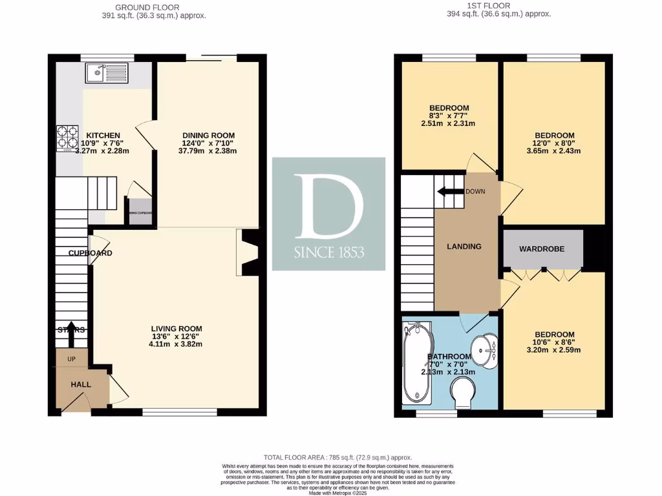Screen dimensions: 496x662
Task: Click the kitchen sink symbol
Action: click(x=107, y=73)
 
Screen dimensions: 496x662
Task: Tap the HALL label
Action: click(x=81, y=384)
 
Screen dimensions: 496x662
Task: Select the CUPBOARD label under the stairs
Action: click(x=91, y=253)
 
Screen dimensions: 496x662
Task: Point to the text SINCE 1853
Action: click(x=329, y=252)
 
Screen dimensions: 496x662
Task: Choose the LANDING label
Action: click(x=464, y=247)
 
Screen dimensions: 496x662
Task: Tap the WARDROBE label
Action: click(x=543, y=249)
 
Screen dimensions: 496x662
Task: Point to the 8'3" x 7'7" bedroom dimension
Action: click(x=449, y=116)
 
